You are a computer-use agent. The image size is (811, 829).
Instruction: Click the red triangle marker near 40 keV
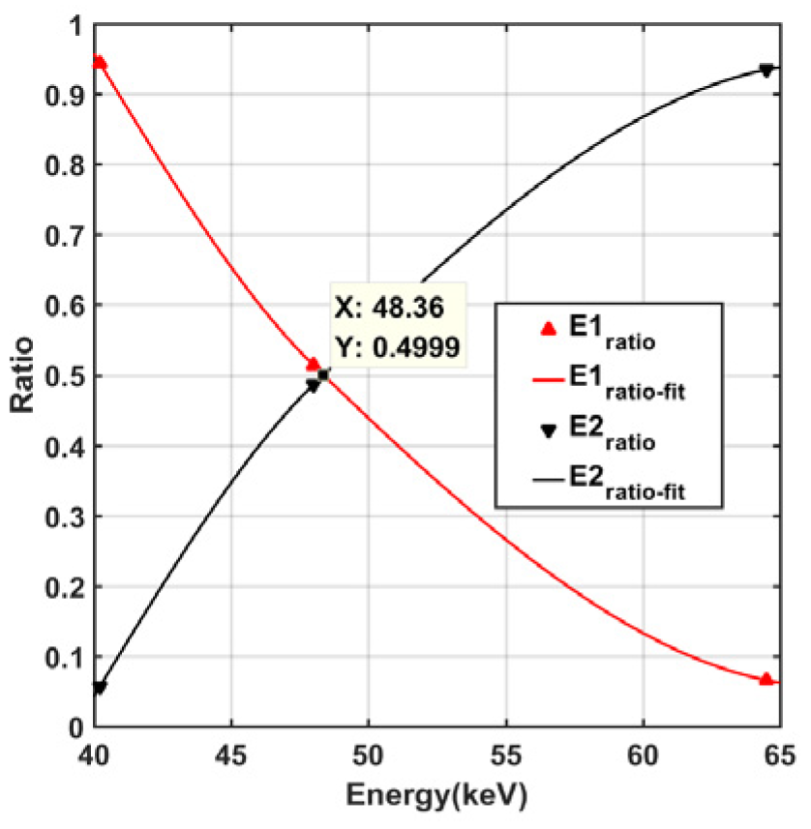[x=98, y=63]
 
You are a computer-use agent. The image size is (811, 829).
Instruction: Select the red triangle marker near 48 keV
[x=313, y=364]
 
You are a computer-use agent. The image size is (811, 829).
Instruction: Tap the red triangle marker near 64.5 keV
[x=766, y=679]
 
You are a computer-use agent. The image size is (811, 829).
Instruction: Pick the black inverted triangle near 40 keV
[x=99, y=688]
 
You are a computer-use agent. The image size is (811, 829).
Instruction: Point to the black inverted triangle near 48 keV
[x=313, y=386]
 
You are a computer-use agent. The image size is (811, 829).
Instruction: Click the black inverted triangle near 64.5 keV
[x=766, y=71]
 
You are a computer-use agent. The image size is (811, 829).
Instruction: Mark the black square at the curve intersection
[x=323, y=375]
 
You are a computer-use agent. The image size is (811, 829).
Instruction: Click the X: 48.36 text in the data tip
[x=388, y=309]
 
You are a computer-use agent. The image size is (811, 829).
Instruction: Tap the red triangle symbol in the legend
[x=547, y=330]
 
